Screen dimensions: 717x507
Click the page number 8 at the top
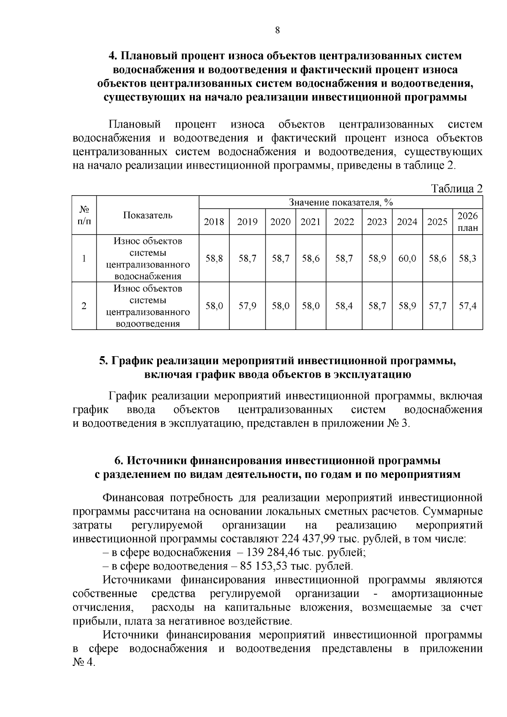277,30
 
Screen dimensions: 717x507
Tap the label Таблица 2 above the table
456,189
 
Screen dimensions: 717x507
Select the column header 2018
214,222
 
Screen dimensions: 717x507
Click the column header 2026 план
468,222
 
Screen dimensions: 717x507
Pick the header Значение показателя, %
341,202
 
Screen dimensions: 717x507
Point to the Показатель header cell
147,215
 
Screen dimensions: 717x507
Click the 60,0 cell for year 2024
407,259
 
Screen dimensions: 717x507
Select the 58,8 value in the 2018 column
214,259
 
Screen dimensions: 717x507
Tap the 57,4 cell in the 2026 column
468,306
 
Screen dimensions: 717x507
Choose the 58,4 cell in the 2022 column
344,306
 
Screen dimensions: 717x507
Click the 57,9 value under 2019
247,306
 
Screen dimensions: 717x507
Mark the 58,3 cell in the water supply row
468,259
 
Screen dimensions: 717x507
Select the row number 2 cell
84,306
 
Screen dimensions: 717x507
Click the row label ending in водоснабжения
147,259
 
